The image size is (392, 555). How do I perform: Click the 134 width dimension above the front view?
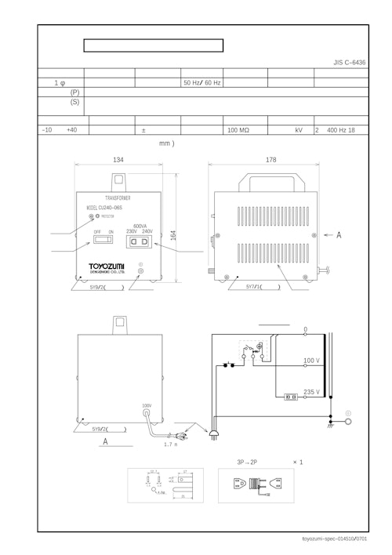[118, 160]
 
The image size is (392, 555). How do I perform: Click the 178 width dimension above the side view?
[270, 160]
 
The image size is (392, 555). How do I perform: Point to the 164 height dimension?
[173, 235]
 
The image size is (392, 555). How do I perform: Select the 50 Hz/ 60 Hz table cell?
[201, 82]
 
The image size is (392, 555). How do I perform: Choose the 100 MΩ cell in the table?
[238, 130]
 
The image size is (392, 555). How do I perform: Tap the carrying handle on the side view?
[270, 183]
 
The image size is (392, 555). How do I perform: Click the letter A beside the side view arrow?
[339, 234]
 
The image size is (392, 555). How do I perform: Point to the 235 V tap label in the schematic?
[311, 391]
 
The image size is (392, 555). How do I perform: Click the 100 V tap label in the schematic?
[311, 361]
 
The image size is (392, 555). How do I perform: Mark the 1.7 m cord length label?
[170, 444]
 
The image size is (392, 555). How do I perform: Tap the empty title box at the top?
[154, 45]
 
